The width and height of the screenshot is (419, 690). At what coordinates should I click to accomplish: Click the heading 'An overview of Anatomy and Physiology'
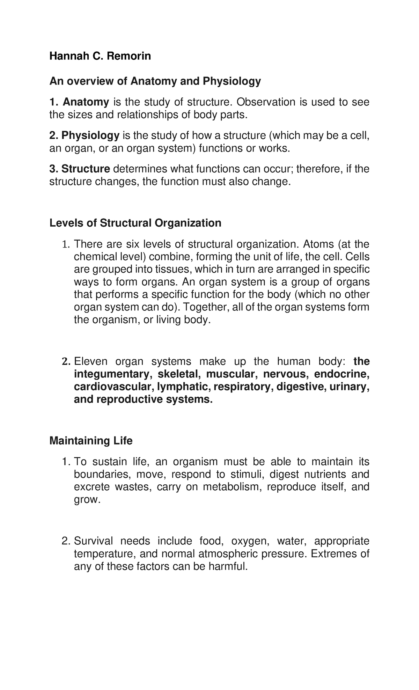pyautogui.click(x=155, y=81)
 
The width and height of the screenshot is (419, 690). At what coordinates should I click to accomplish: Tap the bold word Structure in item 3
pyautogui.click(x=86, y=169)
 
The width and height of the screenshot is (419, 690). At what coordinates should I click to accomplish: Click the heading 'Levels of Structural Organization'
pyautogui.click(x=135, y=223)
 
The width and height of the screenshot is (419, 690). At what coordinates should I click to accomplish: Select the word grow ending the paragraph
pyautogui.click(x=86, y=500)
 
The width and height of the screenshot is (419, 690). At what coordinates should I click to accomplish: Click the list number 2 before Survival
pyautogui.click(x=64, y=541)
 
